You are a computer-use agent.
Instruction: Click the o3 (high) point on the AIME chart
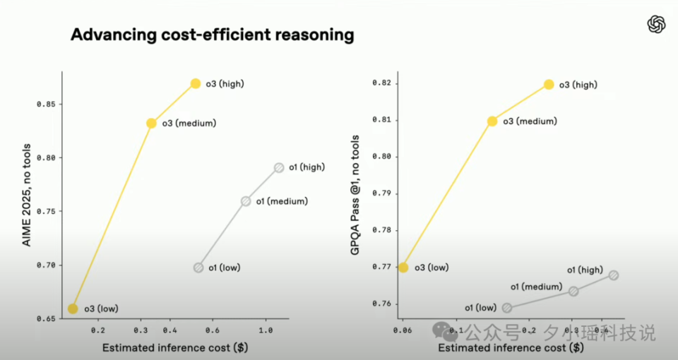196,84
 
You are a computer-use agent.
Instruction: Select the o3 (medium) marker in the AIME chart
151,123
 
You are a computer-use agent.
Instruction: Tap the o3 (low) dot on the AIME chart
73,308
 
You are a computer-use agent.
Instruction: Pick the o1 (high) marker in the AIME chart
279,167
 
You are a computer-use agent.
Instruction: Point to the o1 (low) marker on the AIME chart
198,268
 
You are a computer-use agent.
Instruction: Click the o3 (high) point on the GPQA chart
549,85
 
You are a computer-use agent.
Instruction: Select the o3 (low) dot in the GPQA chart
403,268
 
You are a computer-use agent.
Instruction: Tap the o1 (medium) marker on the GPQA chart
573,291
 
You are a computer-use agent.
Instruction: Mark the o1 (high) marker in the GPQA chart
613,275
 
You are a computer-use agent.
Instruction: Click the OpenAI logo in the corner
656,25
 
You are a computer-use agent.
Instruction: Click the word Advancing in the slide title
109,35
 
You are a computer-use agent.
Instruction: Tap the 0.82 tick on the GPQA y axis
382,83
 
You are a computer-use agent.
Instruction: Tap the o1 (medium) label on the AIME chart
282,201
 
